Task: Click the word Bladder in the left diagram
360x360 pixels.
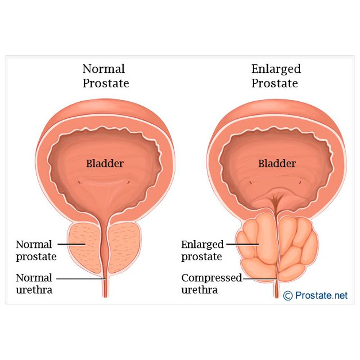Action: pyautogui.click(x=105, y=163)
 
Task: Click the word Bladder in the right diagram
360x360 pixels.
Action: pyautogui.click(x=277, y=163)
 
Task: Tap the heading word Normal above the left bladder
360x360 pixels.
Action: pyautogui.click(x=104, y=69)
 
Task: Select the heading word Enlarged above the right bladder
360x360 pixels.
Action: pyautogui.click(x=276, y=69)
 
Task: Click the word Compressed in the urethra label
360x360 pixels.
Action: pyautogui.click(x=211, y=278)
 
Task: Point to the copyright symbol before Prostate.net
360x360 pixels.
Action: pyautogui.click(x=288, y=296)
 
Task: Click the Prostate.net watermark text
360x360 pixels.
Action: pyautogui.click(x=321, y=295)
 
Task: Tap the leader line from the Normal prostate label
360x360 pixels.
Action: pyautogui.click(x=72, y=244)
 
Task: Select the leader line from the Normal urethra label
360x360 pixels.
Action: pyautogui.click(x=81, y=279)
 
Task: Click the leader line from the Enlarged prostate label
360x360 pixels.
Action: pyautogui.click(x=243, y=244)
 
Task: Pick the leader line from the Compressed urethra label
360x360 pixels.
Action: pyautogui.click(x=260, y=279)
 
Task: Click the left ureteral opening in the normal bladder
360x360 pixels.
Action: pyautogui.click(x=79, y=182)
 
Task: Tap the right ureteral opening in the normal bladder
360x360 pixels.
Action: pyautogui.click(x=128, y=182)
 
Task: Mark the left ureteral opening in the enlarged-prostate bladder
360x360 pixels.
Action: pyautogui.click(x=251, y=183)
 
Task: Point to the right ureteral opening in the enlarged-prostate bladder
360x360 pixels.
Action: pyautogui.click(x=300, y=183)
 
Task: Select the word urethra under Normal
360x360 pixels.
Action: pyautogui.click(x=34, y=290)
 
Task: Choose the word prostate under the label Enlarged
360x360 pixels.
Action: pyautogui.click(x=202, y=257)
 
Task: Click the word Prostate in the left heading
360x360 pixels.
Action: pyautogui.click(x=106, y=83)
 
